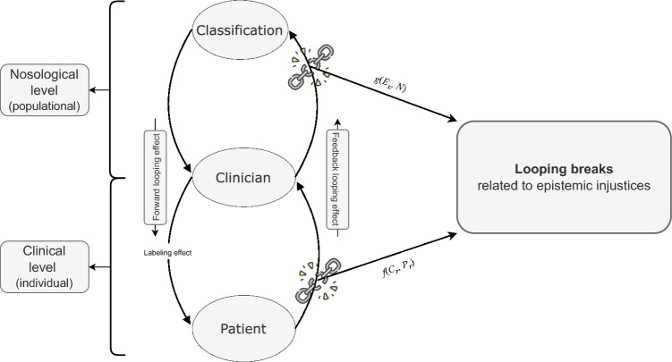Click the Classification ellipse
coord(240,30)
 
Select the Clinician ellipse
coord(243,178)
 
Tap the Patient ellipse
coord(243,329)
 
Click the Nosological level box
coord(45,90)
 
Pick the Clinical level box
coord(45,266)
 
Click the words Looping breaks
coord(564,169)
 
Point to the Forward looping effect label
coord(155,177)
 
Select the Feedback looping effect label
coord(337,180)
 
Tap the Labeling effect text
coord(167,253)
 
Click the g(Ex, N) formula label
coord(389,83)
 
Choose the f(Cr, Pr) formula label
coord(398,268)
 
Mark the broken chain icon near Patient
coord(318,281)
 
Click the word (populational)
coord(45,106)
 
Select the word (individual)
coord(45,282)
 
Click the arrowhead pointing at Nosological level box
coord(93,90)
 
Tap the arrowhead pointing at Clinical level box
coord(93,267)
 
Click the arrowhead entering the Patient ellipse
coord(187,320)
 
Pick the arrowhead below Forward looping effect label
coord(155,232)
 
